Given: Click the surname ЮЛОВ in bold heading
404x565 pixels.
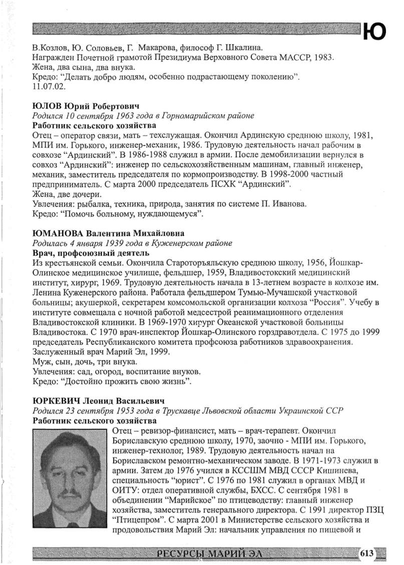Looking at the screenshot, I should coord(47,106).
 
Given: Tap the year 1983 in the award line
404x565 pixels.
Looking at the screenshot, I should coord(322,57).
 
